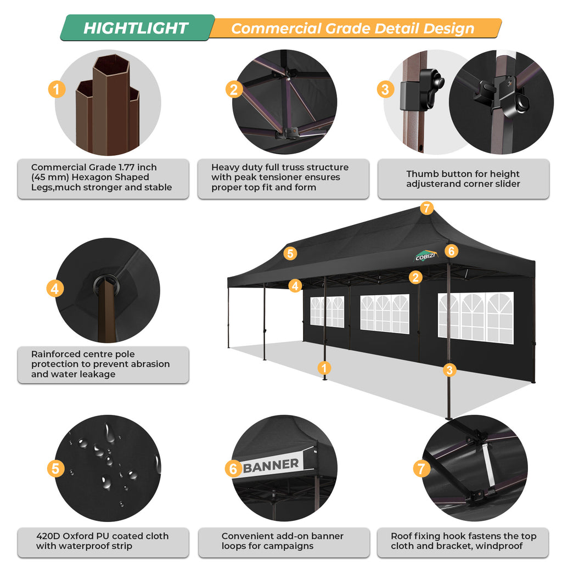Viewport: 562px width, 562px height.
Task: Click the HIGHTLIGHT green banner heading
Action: pyautogui.click(x=136, y=28)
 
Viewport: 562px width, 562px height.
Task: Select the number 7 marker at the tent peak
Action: pyautogui.click(x=426, y=208)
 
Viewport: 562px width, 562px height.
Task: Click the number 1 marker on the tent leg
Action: pyautogui.click(x=325, y=368)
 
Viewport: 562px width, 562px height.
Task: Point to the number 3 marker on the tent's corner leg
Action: pyautogui.click(x=450, y=369)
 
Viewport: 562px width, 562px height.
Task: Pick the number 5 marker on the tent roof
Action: pyautogui.click(x=290, y=253)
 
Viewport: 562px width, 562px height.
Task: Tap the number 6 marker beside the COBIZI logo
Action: pyautogui.click(x=451, y=251)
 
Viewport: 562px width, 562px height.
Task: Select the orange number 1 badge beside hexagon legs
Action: pyautogui.click(x=57, y=89)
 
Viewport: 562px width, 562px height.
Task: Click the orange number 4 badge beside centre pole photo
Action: pyautogui.click(x=55, y=288)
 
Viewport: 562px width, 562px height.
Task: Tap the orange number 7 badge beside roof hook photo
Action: pyautogui.click(x=421, y=468)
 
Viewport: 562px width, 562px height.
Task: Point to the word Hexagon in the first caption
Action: pyautogui.click(x=125, y=177)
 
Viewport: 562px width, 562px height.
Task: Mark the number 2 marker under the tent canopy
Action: pyautogui.click(x=415, y=277)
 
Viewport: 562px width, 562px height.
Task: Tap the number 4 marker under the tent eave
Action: pyautogui.click(x=295, y=285)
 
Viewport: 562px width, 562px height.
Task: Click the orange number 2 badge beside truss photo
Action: pyautogui.click(x=234, y=89)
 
